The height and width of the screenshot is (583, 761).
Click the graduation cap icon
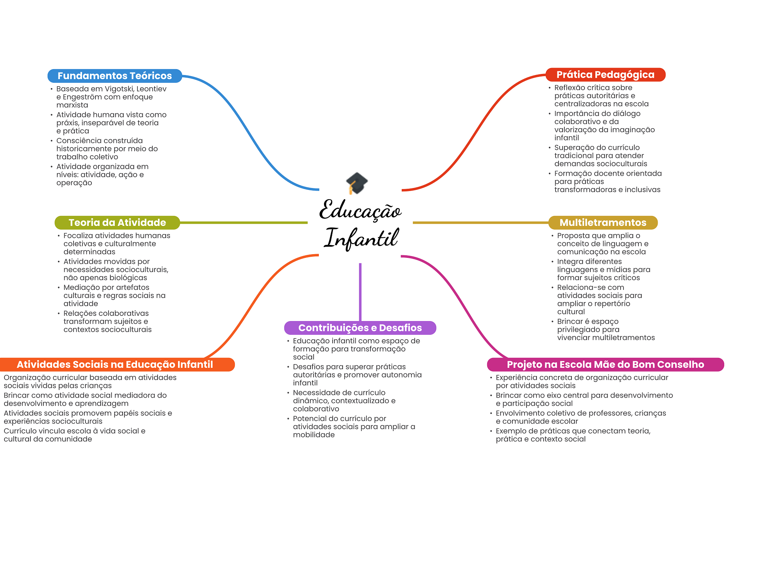pyautogui.click(x=357, y=183)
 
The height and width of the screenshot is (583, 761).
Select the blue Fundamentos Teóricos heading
pyautogui.click(x=114, y=76)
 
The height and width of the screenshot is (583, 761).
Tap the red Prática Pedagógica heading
pyautogui.click(x=605, y=75)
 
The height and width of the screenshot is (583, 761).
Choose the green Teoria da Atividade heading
pyautogui.click(x=117, y=223)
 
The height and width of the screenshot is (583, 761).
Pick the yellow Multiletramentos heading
pyautogui.click(x=603, y=223)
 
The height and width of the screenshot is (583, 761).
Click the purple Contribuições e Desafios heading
pyautogui.click(x=360, y=328)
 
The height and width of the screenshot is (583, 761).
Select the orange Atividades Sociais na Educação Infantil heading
pyautogui.click(x=115, y=365)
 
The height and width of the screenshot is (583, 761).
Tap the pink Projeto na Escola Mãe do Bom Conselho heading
pyautogui.click(x=605, y=365)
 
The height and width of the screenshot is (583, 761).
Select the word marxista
pyautogui.click(x=72, y=105)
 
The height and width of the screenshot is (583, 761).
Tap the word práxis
pyautogui.click(x=67, y=123)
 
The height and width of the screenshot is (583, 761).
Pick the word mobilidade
pyautogui.click(x=314, y=435)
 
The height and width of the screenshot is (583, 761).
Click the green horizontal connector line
pyautogui.click(x=243, y=223)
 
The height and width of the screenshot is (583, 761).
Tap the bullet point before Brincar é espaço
pyautogui.click(x=553, y=322)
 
